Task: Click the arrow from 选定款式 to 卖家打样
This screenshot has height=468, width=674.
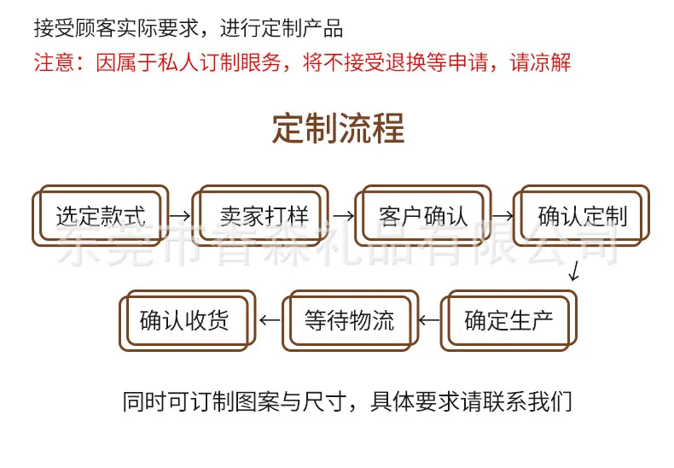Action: [180, 215]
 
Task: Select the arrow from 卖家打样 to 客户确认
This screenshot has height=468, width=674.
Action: [344, 215]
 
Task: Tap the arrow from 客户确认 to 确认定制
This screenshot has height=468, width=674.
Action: [503, 215]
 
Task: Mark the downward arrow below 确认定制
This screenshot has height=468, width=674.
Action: [574, 271]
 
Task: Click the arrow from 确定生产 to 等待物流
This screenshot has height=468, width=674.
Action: [429, 320]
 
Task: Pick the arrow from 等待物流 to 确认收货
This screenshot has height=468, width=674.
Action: [270, 320]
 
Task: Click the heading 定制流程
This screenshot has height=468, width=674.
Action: [339, 128]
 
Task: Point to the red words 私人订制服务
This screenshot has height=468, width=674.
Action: [219, 62]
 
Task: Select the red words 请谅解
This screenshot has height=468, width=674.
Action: [540, 62]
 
